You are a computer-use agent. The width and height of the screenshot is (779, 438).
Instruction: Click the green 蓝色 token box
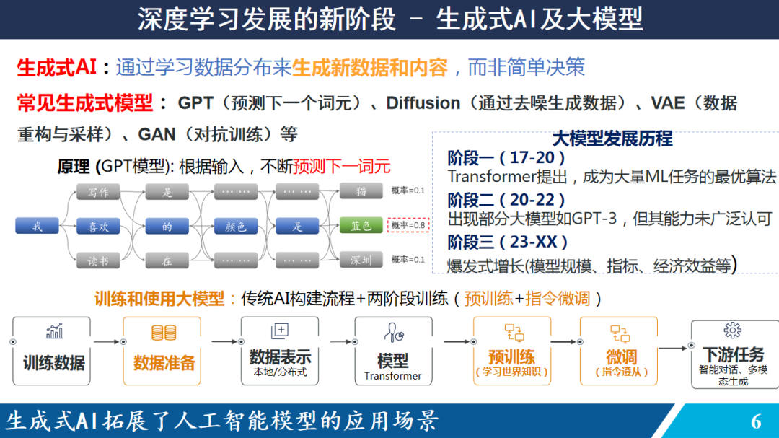[x=361, y=226]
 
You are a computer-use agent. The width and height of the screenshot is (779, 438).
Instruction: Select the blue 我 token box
[x=38, y=226]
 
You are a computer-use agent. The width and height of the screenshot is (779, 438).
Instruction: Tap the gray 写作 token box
[x=98, y=192]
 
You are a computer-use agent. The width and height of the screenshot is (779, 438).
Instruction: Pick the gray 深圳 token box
[x=361, y=260]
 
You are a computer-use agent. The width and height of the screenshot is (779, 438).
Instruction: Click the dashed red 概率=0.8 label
[x=408, y=225]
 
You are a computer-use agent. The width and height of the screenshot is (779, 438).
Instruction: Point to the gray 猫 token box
[x=361, y=191]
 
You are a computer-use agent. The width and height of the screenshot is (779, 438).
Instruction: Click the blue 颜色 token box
[x=236, y=226]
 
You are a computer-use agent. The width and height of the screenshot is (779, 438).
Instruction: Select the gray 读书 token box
[x=98, y=260]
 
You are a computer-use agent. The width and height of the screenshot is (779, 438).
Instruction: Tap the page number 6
[x=756, y=421]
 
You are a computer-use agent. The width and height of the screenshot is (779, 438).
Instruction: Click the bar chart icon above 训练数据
[x=54, y=331]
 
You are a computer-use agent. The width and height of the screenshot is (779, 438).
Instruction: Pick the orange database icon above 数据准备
[x=164, y=333]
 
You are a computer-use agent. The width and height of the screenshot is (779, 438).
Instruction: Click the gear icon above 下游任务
[x=732, y=330]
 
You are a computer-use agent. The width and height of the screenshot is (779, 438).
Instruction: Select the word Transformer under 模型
[x=392, y=376]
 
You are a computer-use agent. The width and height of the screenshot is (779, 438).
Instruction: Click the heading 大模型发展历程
[x=612, y=139]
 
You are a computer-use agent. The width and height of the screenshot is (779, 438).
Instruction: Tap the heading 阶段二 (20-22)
[x=506, y=200]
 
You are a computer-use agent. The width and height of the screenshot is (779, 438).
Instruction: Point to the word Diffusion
[x=423, y=103]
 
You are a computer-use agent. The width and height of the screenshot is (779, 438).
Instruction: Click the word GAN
[x=157, y=134]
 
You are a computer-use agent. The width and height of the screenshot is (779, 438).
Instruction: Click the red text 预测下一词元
[x=342, y=167]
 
